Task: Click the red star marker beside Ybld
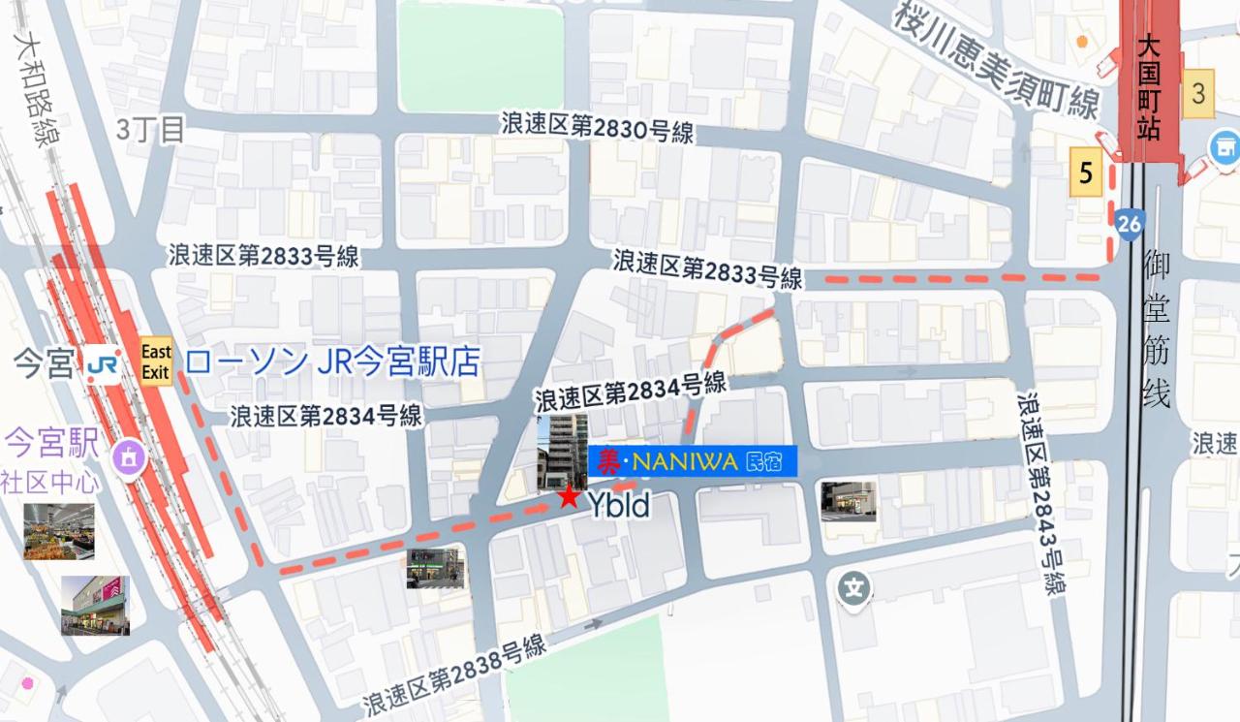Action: [x=568, y=498]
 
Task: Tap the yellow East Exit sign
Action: [x=155, y=361]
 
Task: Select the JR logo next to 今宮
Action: [x=101, y=365]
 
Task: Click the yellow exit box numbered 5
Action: [x=1086, y=173]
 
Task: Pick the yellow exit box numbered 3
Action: [x=1199, y=94]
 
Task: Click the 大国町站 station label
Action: [x=1149, y=87]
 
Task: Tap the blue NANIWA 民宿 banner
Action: [x=692, y=460]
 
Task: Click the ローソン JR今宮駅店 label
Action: [x=332, y=362]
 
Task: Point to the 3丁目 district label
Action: [x=150, y=130]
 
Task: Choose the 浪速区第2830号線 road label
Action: [x=597, y=127]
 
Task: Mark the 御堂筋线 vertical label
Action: [x=1156, y=330]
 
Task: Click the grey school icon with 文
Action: [x=853, y=587]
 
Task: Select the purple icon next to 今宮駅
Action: [x=128, y=455]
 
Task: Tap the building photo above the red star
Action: [x=562, y=451]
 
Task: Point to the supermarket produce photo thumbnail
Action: [x=59, y=531]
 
